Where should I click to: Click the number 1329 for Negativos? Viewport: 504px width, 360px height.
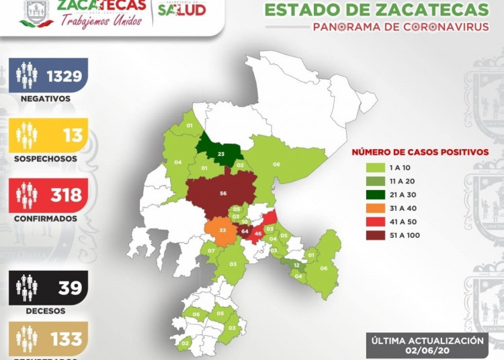click(x=65, y=76)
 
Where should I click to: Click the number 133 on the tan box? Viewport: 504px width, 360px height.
click(x=66, y=339)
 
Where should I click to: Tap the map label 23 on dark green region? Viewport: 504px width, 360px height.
click(x=221, y=154)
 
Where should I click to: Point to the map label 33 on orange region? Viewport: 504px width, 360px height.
click(x=223, y=230)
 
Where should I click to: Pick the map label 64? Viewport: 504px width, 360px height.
click(x=245, y=232)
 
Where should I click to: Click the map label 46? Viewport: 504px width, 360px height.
click(x=258, y=234)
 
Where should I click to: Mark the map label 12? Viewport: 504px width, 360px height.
click(x=296, y=266)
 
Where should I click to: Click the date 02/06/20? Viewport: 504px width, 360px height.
click(x=427, y=350)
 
